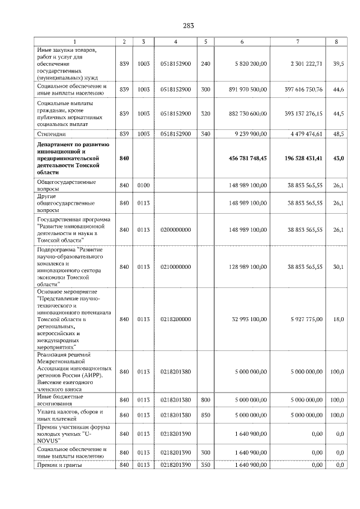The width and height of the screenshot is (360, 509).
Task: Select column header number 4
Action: coord(175,42)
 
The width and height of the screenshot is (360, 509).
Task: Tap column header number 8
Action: coord(336,42)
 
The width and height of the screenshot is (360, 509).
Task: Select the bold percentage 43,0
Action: coord(337,159)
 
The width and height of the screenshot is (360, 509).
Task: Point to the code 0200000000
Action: coord(175,229)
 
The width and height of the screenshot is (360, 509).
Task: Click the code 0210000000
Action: coord(175,267)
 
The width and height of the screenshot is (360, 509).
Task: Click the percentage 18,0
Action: coord(338,319)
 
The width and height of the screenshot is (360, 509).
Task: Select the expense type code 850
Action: coord(206,415)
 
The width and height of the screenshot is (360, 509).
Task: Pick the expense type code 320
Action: coord(206,114)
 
